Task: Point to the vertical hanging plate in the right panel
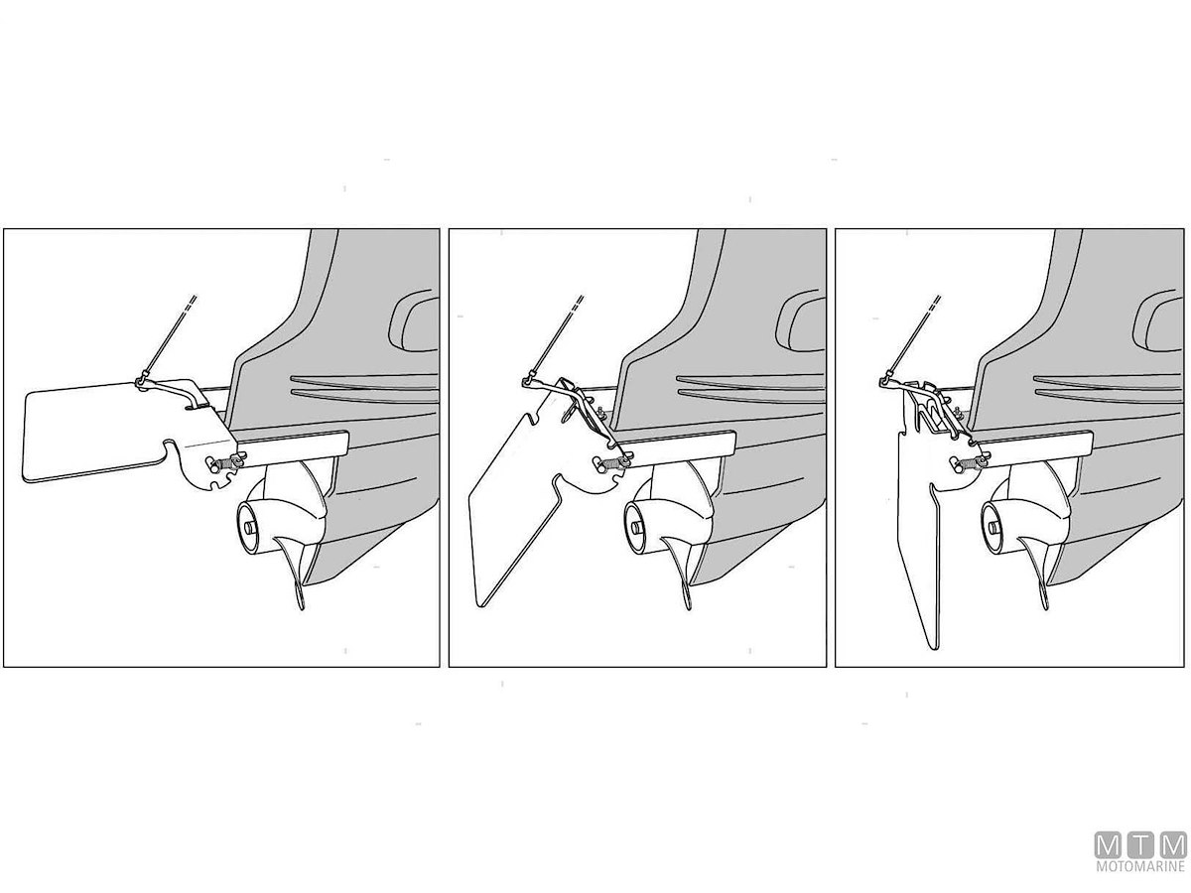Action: tap(922, 515)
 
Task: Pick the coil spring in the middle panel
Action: tap(609, 464)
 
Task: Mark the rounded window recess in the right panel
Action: tap(1159, 323)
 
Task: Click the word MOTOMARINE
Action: tap(1140, 866)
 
